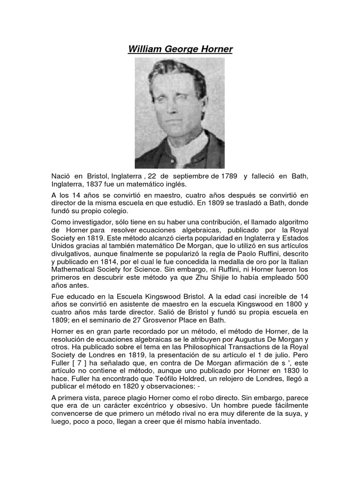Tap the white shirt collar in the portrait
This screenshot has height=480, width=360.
[x=187, y=150]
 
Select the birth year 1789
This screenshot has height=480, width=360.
[x=225, y=176]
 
